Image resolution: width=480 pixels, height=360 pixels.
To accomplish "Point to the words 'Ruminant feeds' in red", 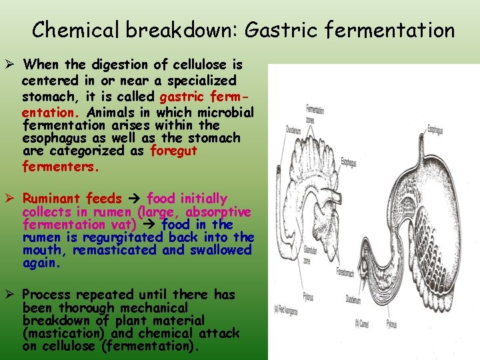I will click(72, 199).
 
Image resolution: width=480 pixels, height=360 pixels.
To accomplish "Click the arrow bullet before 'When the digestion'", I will click(11, 65).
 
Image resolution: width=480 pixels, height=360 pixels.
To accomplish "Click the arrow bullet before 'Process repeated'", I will click(11, 295).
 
